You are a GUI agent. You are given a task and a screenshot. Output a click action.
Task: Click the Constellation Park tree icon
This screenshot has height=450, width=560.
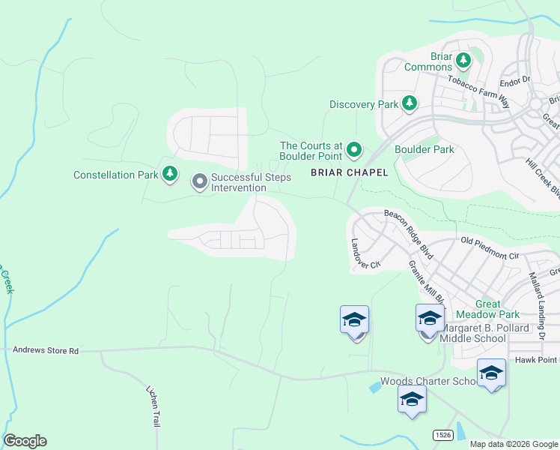pos(170,175)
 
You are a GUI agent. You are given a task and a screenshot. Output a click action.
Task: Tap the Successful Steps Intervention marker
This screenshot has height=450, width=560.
pos(200,181)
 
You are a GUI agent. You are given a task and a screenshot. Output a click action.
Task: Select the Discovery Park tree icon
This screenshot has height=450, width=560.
pos(410,104)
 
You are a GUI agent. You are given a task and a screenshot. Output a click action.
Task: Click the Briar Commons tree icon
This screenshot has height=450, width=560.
pos(463,58)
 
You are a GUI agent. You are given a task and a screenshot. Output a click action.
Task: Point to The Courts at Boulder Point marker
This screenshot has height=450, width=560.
pos(353,151)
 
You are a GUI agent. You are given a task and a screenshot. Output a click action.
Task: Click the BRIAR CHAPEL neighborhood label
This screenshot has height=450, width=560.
pos(350,172)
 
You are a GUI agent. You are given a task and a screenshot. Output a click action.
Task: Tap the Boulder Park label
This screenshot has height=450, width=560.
pos(424,149)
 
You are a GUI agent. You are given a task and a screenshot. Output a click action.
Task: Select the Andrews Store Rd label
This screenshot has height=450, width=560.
pos(46,350)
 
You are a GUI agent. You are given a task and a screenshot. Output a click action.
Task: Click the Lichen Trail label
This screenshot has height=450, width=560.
pos(154,406)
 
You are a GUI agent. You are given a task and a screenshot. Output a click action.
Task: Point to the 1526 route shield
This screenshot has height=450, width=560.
pos(442,435)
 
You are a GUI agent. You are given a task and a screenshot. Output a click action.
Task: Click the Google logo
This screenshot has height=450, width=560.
pos(25,441)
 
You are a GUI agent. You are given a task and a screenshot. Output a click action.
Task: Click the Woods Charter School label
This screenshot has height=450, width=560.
pos(429,381)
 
